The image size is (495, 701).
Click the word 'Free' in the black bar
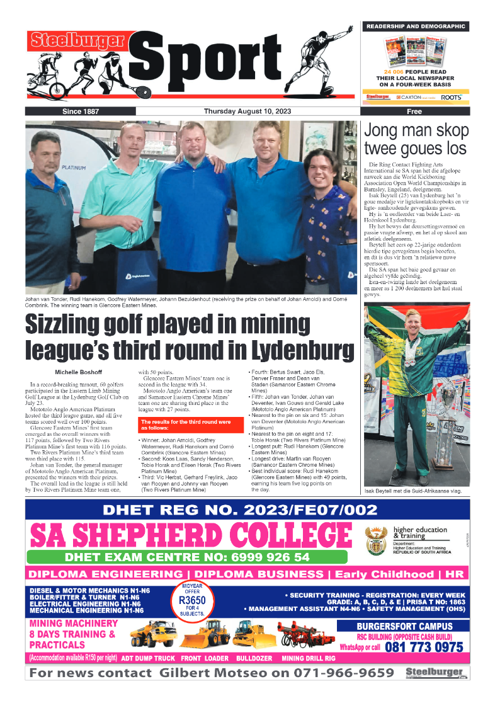point(414,111)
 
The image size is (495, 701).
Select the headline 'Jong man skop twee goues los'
point(416,139)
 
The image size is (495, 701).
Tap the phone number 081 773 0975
point(423,647)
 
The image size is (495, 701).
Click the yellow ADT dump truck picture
point(153,634)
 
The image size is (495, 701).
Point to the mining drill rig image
point(306,634)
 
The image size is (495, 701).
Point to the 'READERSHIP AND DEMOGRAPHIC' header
point(415,26)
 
